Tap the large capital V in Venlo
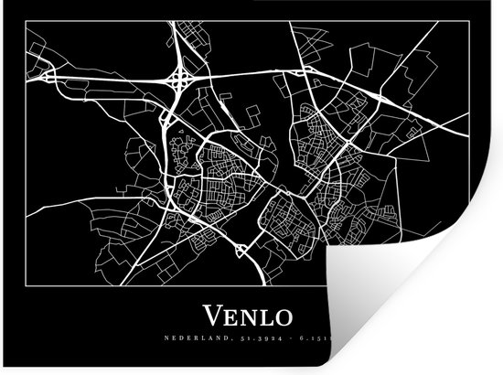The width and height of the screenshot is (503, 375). (x=211, y=317)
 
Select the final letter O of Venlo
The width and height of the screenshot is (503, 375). (x=283, y=318)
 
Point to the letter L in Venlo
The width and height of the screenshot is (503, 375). (x=265, y=318)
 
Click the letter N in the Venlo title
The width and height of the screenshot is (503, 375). (x=247, y=318)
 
